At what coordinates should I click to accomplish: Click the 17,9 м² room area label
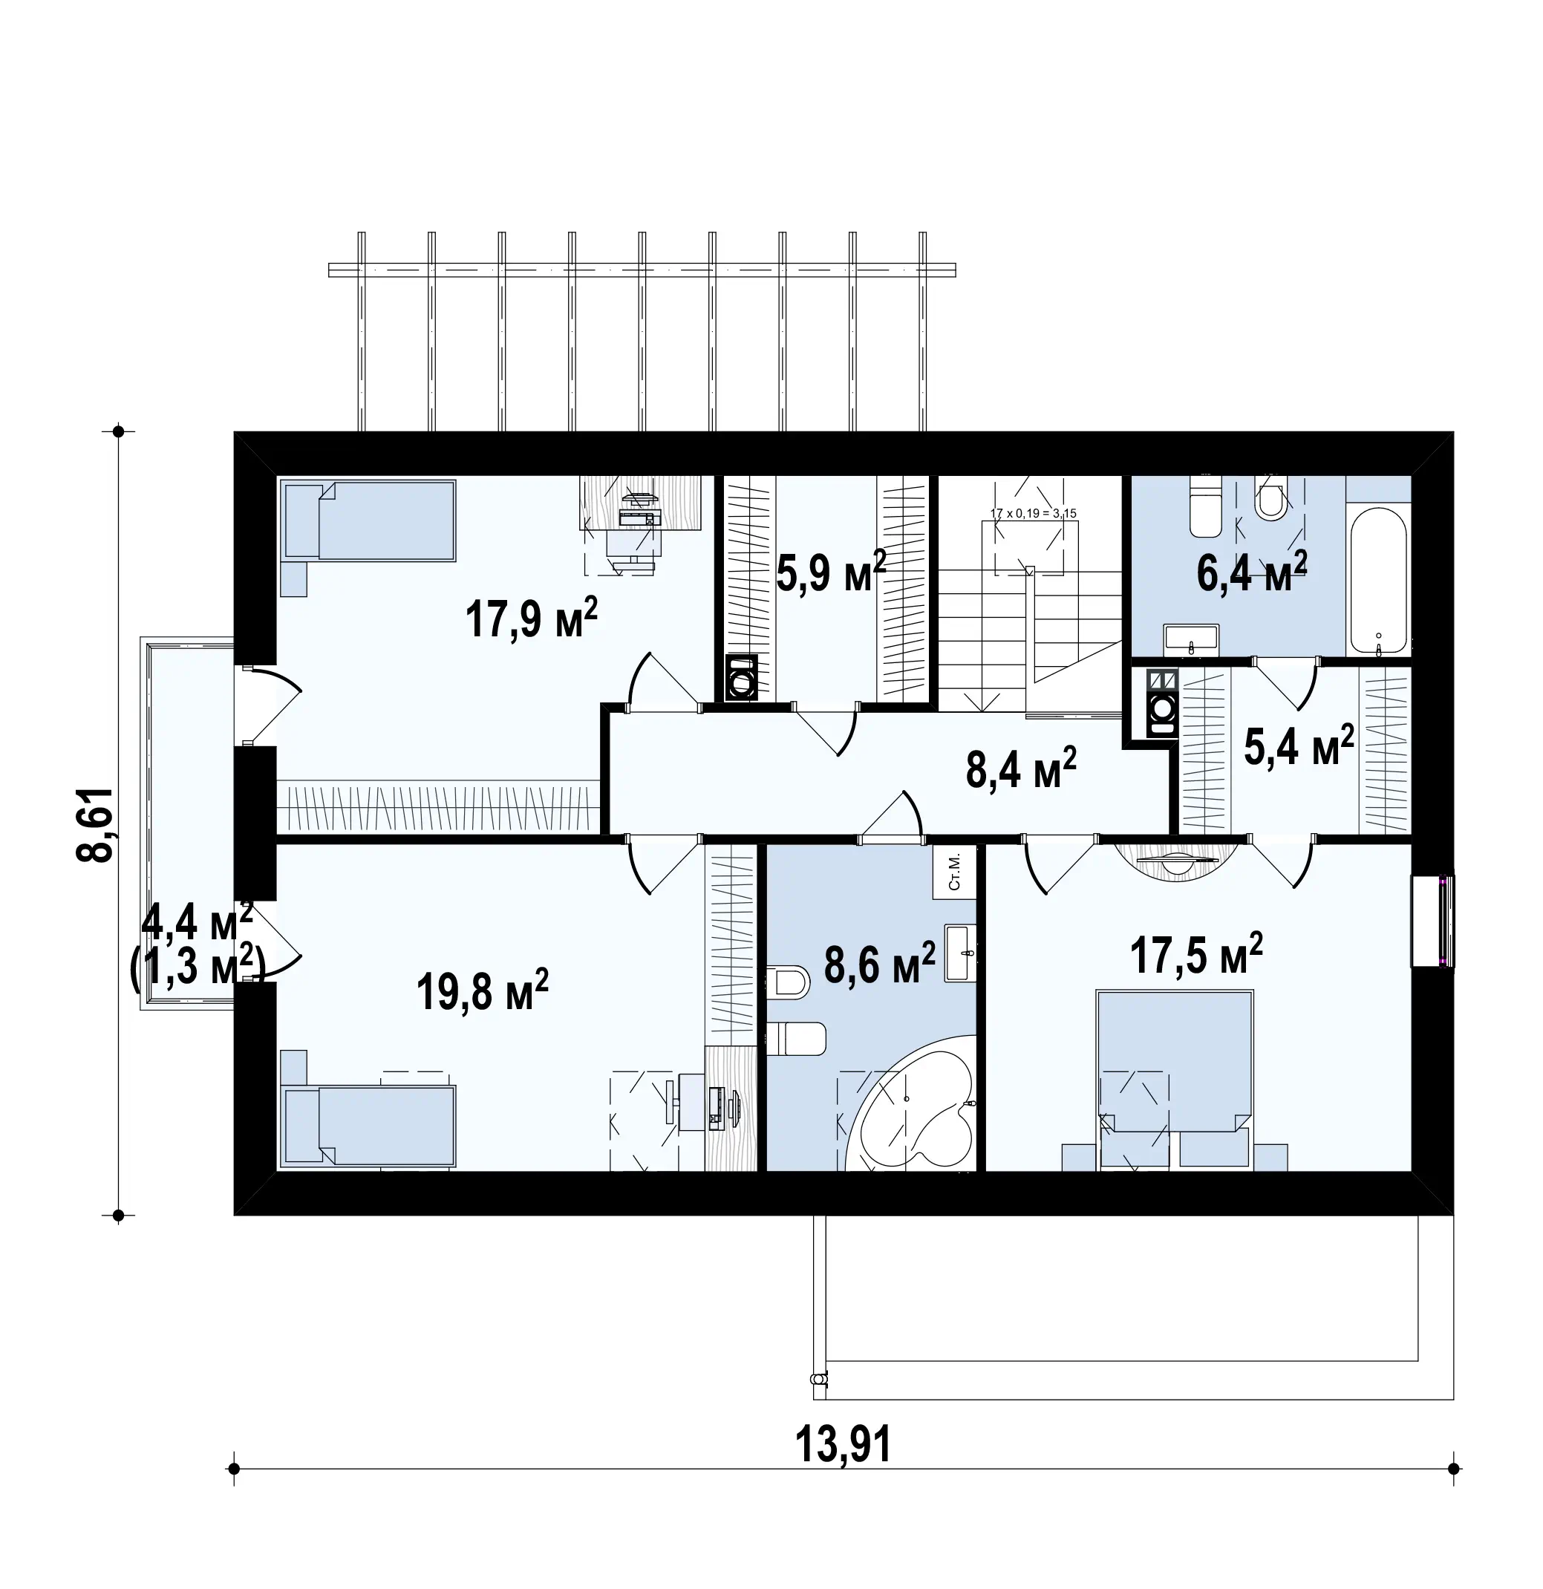pos(531,620)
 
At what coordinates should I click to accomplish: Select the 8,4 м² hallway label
pos(1021,769)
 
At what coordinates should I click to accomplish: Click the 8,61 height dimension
pos(95,823)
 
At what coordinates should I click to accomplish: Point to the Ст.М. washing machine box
pos(954,872)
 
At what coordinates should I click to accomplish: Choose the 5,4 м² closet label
pos(1299,745)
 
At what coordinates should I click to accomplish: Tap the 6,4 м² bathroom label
pos(1252,572)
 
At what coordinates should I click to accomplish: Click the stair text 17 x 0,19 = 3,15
pos(1034,513)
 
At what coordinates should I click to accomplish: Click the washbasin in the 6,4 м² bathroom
pos(1191,639)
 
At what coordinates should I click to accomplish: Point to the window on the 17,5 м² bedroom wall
pos(1432,920)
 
